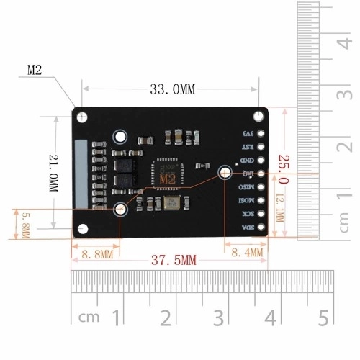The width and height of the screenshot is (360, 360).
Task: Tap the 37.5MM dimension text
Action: tap(173, 260)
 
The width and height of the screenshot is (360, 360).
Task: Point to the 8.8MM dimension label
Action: tap(98, 253)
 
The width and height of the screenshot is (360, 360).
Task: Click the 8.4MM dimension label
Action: tap(246, 252)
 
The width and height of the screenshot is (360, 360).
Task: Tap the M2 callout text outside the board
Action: tap(36, 70)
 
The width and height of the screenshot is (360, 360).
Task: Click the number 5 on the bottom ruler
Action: tap(323, 317)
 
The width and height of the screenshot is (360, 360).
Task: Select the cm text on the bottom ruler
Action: tap(89, 317)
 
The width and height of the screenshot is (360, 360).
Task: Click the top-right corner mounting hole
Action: tap(258, 116)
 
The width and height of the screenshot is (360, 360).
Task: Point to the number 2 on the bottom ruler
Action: tap(166, 317)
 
